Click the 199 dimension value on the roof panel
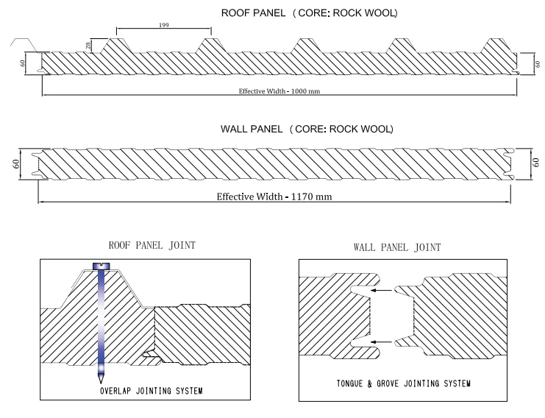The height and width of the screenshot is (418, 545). tap(164, 25)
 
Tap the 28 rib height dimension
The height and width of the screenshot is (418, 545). tap(88, 45)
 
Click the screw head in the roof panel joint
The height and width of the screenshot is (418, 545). tap(101, 266)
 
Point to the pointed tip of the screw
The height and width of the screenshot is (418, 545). tap(101, 382)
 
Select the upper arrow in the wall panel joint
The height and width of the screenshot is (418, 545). tap(382, 290)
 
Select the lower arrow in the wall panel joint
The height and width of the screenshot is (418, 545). tap(382, 342)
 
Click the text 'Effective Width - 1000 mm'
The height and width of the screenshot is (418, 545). tap(279, 91)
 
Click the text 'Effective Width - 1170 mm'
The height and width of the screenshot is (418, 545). tap(274, 196)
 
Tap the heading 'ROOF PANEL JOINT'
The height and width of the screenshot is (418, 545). tap(152, 245)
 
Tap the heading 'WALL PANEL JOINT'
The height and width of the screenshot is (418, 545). tap(397, 247)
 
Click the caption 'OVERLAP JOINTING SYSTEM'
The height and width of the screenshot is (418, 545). tap(152, 391)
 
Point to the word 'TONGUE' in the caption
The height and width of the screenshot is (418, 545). tap(349, 383)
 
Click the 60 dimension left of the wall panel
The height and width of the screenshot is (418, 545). tap(16, 164)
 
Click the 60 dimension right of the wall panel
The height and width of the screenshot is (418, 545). tap(535, 162)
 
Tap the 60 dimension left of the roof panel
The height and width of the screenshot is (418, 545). tap(23, 63)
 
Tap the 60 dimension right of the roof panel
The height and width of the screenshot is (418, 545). tap(538, 64)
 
